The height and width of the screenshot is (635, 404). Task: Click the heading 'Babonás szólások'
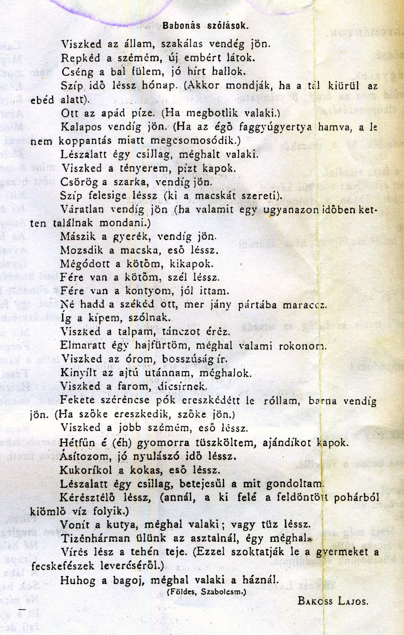[x=205, y=26]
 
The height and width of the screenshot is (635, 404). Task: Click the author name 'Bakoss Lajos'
[x=333, y=601]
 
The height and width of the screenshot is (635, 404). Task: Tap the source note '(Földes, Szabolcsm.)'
[x=206, y=592]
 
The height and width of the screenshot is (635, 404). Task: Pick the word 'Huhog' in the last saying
[x=78, y=580]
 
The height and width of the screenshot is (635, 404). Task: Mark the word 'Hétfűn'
[x=77, y=442]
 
